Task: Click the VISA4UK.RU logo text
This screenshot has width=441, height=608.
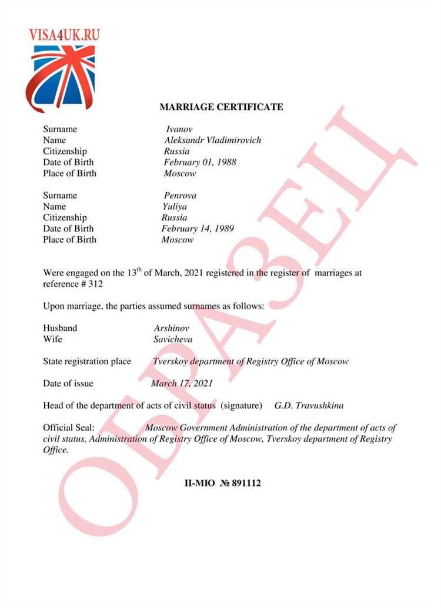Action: (64, 34)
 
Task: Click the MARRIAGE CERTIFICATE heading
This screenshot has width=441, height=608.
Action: (221, 107)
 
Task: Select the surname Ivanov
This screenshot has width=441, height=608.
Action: (179, 129)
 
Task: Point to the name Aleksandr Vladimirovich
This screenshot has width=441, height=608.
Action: (212, 140)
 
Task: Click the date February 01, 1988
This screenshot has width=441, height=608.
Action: (200, 162)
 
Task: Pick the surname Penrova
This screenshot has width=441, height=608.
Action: (180, 196)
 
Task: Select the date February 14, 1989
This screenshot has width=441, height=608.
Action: (198, 229)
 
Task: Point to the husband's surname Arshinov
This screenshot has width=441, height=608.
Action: (172, 328)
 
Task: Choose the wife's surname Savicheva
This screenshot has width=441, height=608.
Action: (173, 339)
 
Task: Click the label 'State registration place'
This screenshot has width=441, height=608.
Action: (87, 361)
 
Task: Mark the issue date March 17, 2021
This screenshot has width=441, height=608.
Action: (182, 384)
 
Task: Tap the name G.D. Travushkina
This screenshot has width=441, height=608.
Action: (309, 406)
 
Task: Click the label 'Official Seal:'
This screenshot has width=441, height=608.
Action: (69, 428)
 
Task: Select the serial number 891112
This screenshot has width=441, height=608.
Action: (246, 483)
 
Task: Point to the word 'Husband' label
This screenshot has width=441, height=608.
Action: (60, 328)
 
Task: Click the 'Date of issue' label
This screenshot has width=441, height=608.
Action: (68, 384)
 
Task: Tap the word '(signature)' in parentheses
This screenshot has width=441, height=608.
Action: (241, 406)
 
